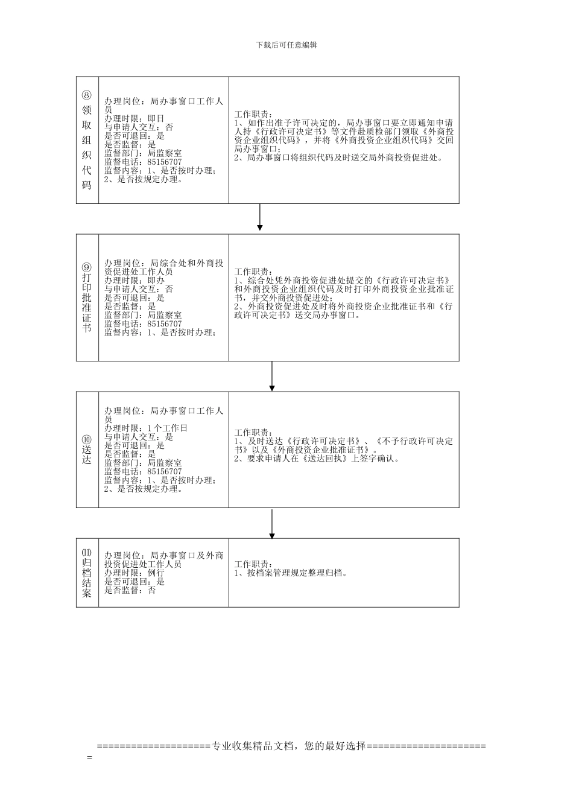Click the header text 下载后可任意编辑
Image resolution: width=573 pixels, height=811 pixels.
click(x=286, y=45)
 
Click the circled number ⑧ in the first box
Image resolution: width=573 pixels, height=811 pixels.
click(x=87, y=95)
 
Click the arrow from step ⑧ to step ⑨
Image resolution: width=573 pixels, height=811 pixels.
click(x=260, y=218)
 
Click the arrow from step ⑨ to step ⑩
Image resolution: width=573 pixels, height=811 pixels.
click(x=272, y=376)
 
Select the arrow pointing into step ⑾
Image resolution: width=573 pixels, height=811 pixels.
click(x=272, y=523)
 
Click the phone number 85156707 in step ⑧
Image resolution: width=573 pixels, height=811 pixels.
click(x=164, y=162)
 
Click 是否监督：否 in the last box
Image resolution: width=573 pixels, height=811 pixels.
click(x=130, y=590)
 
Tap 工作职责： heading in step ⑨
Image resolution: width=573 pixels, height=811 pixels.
click(x=253, y=272)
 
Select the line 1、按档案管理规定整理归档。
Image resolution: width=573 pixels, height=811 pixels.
click(x=291, y=573)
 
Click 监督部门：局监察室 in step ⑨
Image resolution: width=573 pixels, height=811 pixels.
click(x=143, y=315)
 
